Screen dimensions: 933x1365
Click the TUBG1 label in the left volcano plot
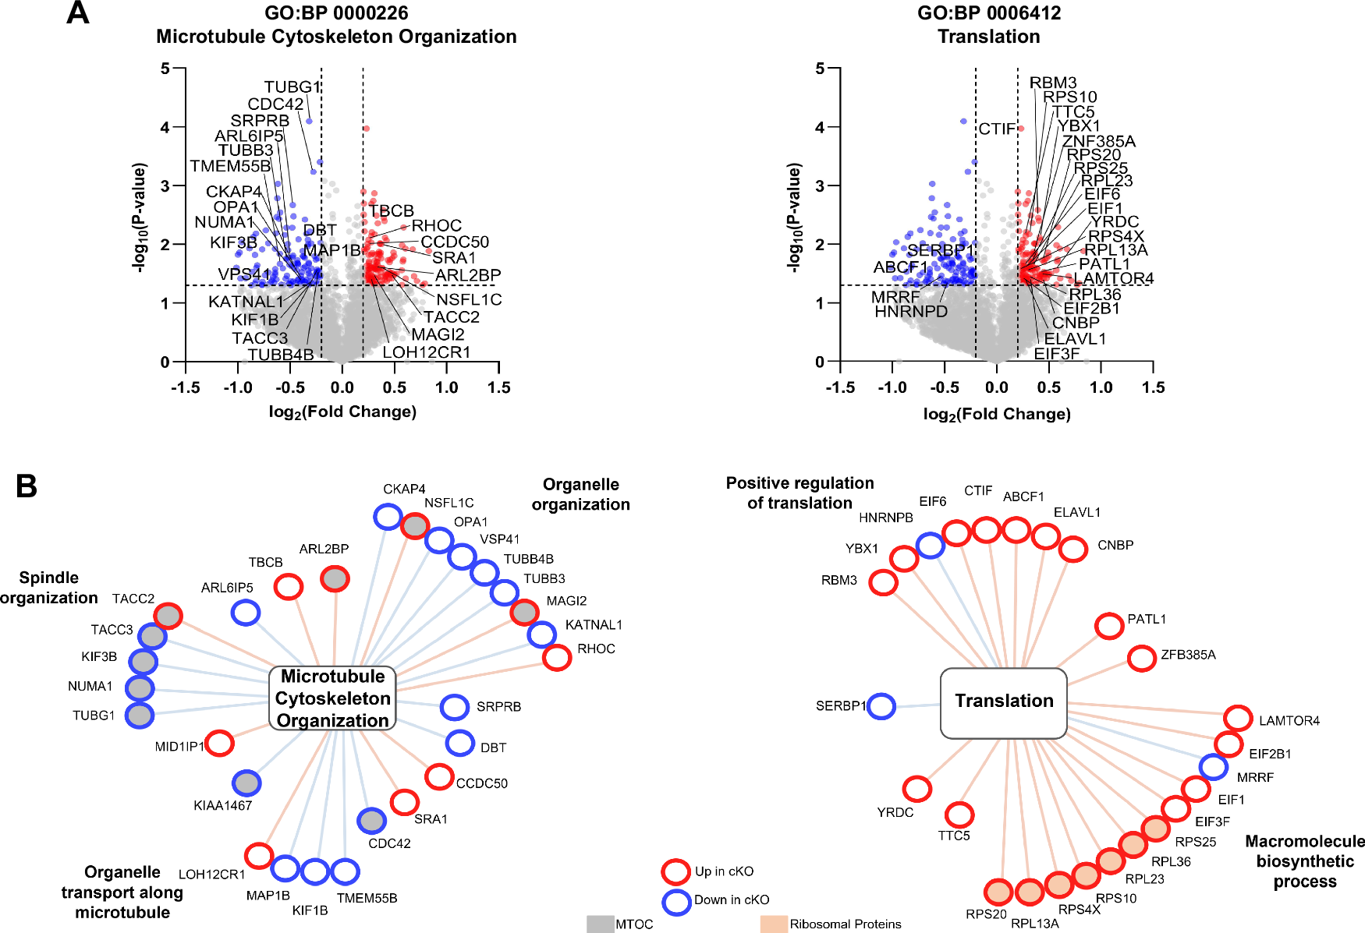292,87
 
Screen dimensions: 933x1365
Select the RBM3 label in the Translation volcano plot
1052,83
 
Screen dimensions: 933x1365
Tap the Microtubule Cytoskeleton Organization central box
333,698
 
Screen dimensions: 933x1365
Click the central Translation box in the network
1004,702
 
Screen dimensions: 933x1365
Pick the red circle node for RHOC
557,657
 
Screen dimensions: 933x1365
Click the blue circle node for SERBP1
881,706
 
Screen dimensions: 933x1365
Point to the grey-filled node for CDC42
371,820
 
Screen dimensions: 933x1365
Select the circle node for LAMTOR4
1238,718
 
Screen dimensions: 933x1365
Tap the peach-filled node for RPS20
998,892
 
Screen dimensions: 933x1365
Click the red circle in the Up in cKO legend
675,871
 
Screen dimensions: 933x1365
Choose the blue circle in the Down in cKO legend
676,902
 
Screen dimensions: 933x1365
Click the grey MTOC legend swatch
600,924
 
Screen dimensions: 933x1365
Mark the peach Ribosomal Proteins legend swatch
774,924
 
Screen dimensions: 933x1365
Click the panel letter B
27,486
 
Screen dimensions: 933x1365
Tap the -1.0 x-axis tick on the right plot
892,387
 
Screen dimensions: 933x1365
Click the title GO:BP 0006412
988,13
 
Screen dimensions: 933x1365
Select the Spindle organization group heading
49,588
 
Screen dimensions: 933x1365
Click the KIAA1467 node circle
246,783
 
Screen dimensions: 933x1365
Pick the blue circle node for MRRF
1213,767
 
